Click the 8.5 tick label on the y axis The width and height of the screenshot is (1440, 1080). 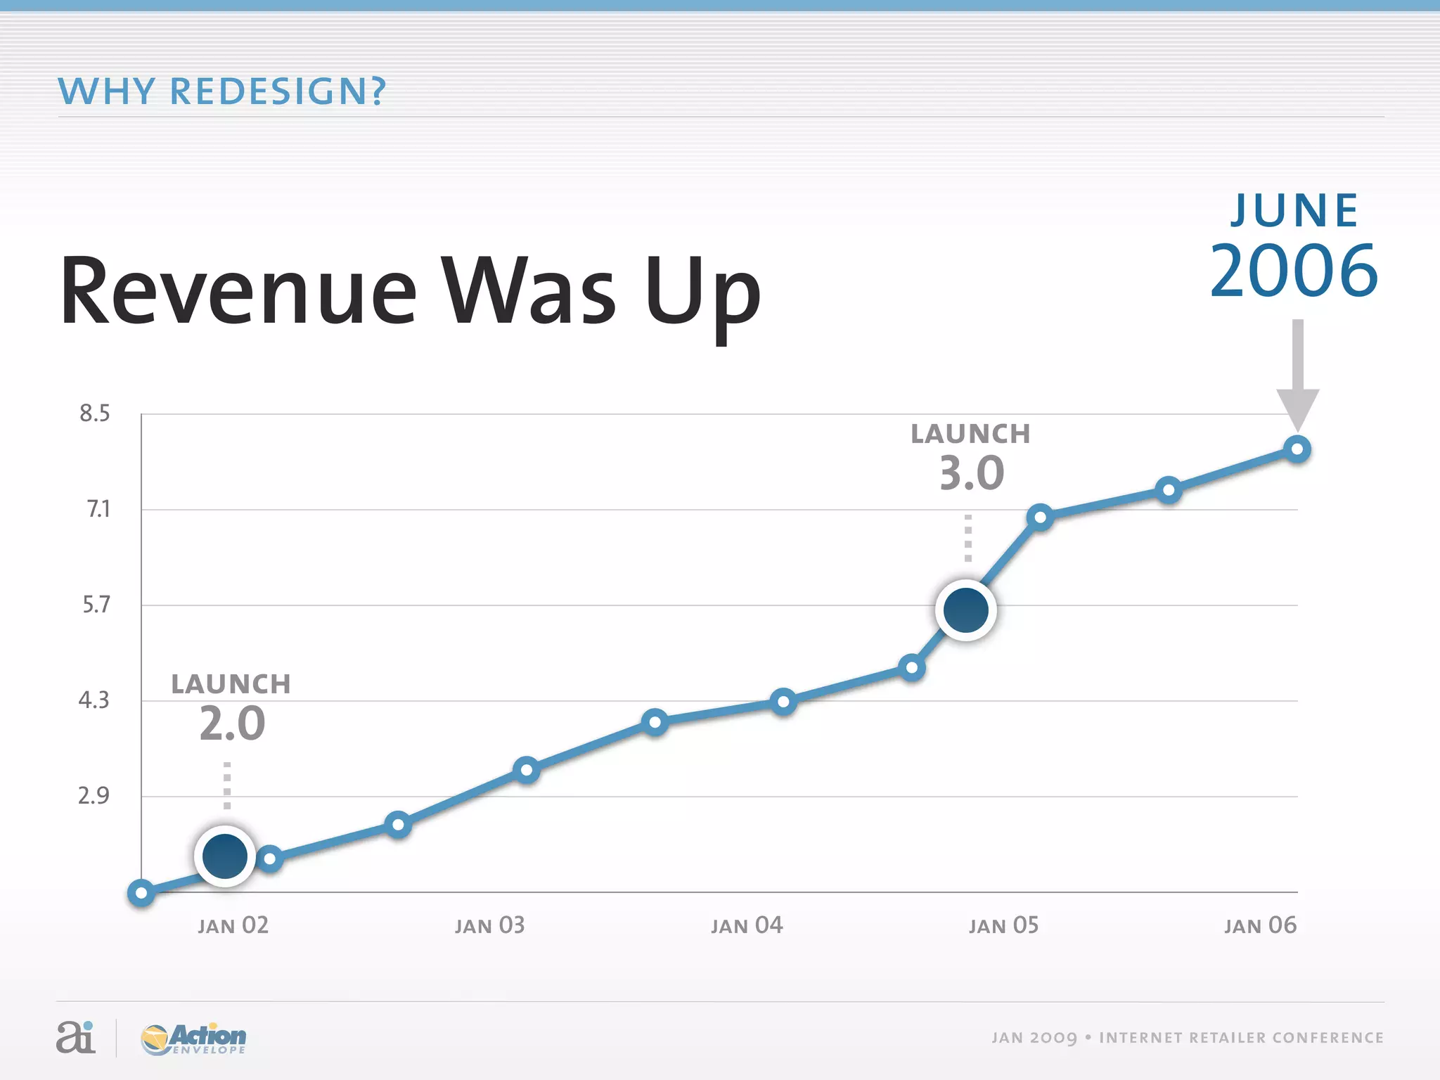click(94, 413)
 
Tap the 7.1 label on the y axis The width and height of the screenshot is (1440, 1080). click(98, 509)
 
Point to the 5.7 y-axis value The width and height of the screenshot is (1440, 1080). click(96, 605)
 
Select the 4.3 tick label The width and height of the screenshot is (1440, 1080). click(94, 700)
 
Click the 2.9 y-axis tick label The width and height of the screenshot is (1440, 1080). click(94, 796)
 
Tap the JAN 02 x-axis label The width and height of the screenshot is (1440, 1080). click(233, 925)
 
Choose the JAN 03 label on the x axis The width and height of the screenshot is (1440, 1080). click(489, 925)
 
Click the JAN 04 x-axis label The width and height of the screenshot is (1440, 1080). click(746, 925)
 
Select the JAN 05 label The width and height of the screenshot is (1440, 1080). click(1003, 925)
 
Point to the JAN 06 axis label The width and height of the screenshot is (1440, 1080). click(1259, 925)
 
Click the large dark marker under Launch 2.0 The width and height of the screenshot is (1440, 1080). click(225, 856)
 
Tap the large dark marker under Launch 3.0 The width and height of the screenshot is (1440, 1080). click(966, 610)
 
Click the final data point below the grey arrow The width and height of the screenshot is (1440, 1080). click(1297, 449)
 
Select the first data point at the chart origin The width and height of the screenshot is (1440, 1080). click(141, 893)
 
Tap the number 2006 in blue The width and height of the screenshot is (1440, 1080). click(1294, 271)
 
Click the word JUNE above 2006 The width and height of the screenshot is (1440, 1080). click(1294, 210)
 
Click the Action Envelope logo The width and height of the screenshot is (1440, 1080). click(194, 1039)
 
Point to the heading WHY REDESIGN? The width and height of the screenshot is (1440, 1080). click(222, 91)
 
